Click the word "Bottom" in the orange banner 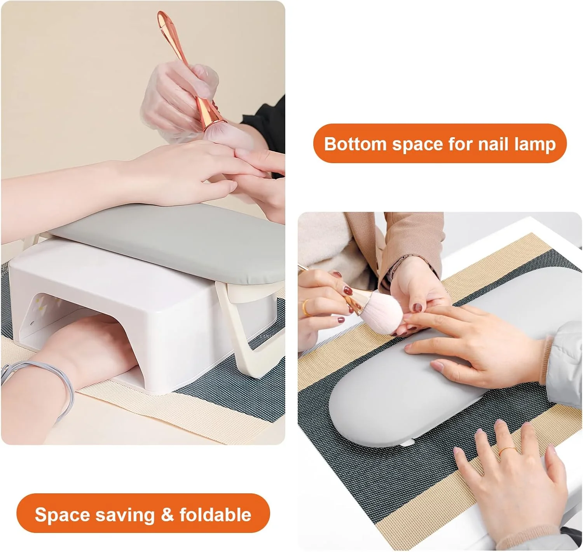click(356, 144)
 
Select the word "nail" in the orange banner click(492, 144)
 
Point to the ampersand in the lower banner click(167, 515)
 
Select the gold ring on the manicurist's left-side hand click(306, 308)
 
